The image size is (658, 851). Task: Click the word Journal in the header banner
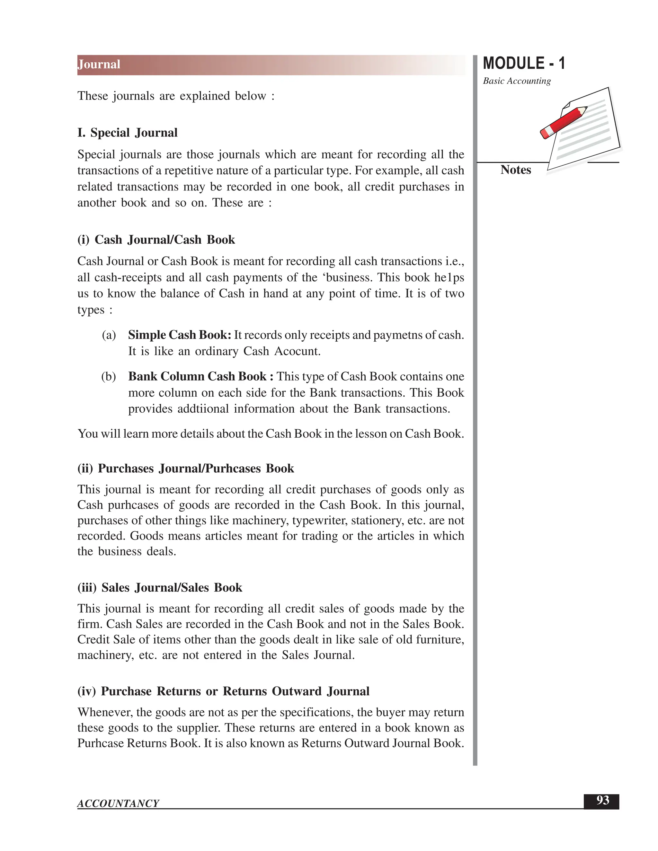click(x=99, y=64)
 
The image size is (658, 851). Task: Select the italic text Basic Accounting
click(x=517, y=81)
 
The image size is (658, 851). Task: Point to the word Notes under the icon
click(x=515, y=170)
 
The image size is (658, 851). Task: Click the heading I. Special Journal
click(x=128, y=133)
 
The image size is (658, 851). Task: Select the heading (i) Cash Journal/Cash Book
click(x=156, y=240)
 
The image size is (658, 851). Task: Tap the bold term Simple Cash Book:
click(x=180, y=335)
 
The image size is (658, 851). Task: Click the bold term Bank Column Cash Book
click(x=198, y=376)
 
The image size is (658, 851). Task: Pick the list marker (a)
click(x=109, y=335)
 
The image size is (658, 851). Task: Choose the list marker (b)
click(x=109, y=376)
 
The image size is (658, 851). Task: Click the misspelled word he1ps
click(x=449, y=277)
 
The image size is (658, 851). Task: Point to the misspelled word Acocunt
click(x=297, y=351)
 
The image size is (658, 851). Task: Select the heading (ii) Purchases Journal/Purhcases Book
click(x=186, y=468)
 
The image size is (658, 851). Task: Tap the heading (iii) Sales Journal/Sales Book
click(x=160, y=588)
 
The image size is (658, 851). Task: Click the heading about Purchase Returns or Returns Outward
click(x=223, y=691)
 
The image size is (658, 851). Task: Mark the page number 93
click(x=603, y=800)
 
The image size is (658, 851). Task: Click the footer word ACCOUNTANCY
click(x=118, y=803)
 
